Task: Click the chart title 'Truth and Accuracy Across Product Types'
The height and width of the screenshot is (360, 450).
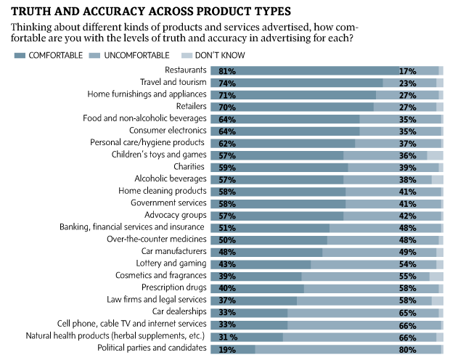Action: pyautogui.click(x=150, y=12)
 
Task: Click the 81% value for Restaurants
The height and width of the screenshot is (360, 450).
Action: pyautogui.click(x=220, y=70)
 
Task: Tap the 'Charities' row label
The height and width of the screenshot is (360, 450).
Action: pyautogui.click(x=190, y=167)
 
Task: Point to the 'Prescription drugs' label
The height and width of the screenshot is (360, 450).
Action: pyautogui.click(x=171, y=287)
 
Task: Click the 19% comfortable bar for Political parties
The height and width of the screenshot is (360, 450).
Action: pyautogui.click(x=232, y=349)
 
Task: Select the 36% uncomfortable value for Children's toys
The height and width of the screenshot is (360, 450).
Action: pyautogui.click(x=407, y=155)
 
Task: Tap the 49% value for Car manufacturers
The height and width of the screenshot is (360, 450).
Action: pyautogui.click(x=407, y=252)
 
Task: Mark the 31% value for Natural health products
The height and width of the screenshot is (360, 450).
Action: pyautogui.click(x=221, y=337)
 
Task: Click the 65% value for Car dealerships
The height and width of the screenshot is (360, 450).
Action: pyautogui.click(x=407, y=312)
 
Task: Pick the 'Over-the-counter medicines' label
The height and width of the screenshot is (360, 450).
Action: pyautogui.click(x=157, y=240)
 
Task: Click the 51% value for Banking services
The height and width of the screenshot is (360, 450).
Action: pyautogui.click(x=220, y=228)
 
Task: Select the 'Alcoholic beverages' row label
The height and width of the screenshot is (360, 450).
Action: pyautogui.click(x=171, y=179)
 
